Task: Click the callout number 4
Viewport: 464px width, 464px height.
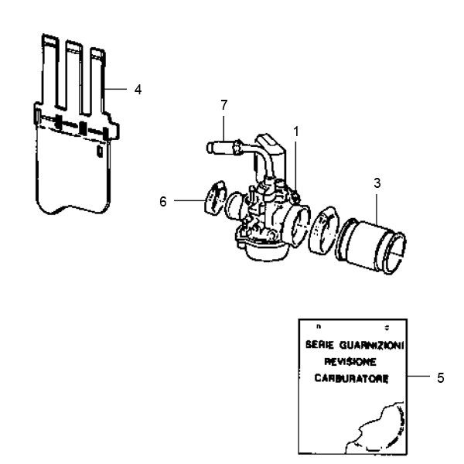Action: (x=138, y=90)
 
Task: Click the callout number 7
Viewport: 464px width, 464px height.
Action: (x=224, y=103)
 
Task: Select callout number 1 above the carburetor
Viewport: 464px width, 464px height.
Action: (x=295, y=132)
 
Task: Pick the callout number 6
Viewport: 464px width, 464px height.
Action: (x=163, y=201)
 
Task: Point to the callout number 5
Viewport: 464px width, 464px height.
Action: (x=440, y=378)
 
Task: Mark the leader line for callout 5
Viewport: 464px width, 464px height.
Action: (x=418, y=377)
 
